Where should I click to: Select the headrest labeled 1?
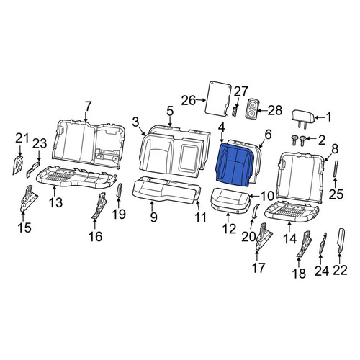303,117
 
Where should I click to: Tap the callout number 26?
189,100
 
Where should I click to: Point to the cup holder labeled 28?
251,109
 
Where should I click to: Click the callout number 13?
56,202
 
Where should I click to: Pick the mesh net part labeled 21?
18,165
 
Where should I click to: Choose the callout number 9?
153,217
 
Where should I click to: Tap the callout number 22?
340,270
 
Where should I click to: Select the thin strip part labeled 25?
336,168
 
